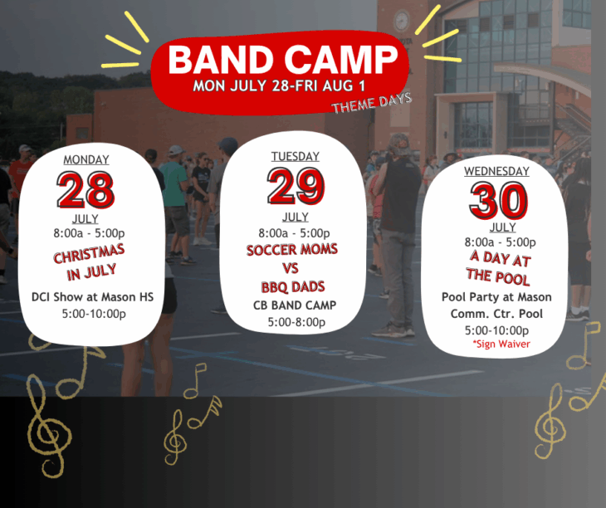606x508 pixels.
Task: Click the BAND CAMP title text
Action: pos(283,60)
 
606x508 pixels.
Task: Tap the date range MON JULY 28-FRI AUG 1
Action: pos(279,85)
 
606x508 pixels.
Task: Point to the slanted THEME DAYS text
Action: pos(371,103)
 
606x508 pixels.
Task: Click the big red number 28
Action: pos(86,189)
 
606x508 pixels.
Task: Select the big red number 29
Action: pos(296,186)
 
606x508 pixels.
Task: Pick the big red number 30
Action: pos(499,201)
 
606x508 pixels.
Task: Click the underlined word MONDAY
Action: pos(86,159)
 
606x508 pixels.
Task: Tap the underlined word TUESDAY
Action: pos(296,156)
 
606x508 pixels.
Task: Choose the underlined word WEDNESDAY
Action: pos(496,171)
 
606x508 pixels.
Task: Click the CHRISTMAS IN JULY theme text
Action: pos(90,262)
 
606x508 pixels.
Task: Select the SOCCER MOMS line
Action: pos(291,250)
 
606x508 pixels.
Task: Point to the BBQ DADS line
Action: pos(293,287)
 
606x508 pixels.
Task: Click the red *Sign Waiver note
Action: pos(501,344)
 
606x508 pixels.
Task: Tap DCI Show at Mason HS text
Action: pos(92,297)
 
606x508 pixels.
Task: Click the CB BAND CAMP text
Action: pos(295,305)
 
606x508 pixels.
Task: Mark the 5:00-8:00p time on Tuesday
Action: pos(297,322)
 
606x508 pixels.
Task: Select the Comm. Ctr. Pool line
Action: pos(496,314)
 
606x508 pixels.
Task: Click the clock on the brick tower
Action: pos(402,21)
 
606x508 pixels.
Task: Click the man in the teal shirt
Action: pos(176,205)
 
